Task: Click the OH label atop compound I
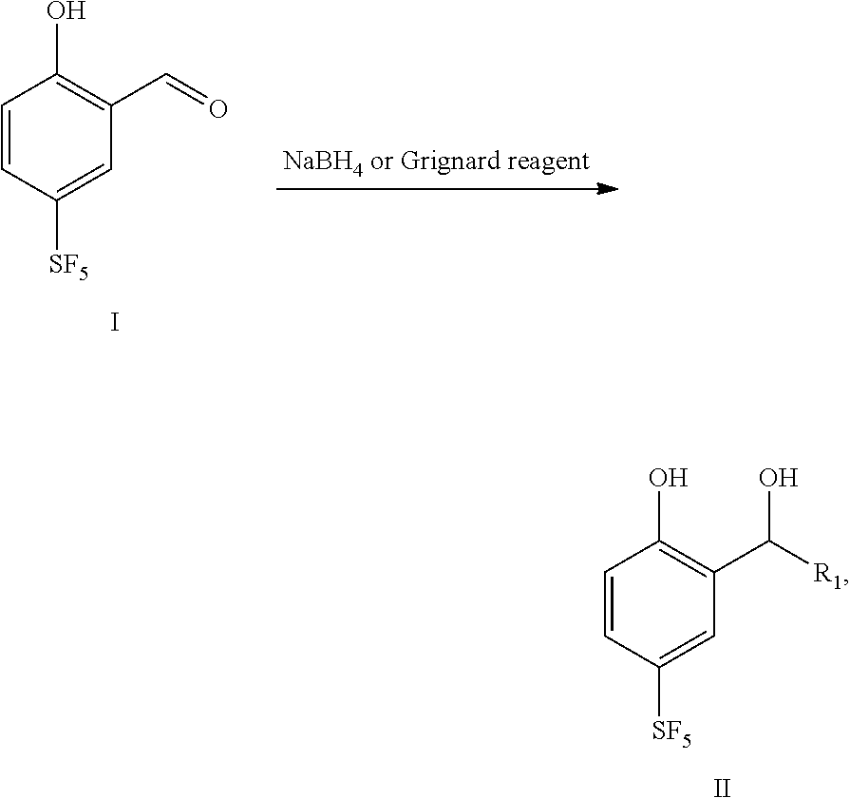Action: [x=66, y=10]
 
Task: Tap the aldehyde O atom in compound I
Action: [x=217, y=109]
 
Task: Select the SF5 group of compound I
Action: [x=68, y=266]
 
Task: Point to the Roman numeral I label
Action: [x=114, y=323]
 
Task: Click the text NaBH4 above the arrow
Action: [x=323, y=162]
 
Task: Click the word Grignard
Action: [x=445, y=162]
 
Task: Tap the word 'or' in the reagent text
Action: [x=381, y=163]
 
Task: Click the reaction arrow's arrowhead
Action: [x=608, y=189]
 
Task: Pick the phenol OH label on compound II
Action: [x=669, y=478]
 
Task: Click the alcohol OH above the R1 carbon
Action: [x=778, y=478]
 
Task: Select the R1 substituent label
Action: [x=829, y=575]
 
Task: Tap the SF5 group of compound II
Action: [x=671, y=733]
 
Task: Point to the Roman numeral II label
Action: [x=722, y=788]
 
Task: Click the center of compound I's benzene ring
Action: [x=56, y=136]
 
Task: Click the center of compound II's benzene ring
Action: [x=659, y=603]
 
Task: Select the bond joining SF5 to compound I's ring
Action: [x=57, y=226]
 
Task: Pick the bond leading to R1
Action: [x=789, y=553]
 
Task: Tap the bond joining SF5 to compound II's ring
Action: [x=659, y=693]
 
